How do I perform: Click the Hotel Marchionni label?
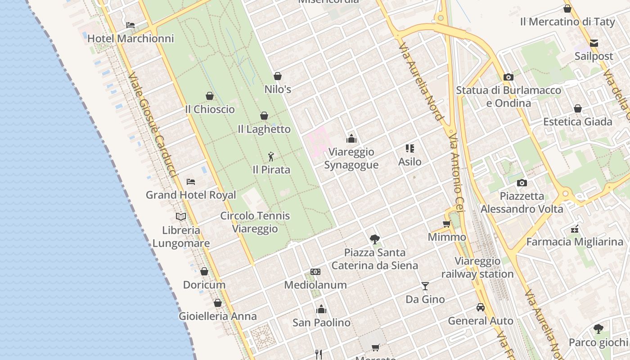(x=130, y=39)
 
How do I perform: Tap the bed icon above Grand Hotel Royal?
(x=191, y=182)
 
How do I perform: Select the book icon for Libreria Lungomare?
(x=181, y=217)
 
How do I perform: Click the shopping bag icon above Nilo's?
(x=278, y=76)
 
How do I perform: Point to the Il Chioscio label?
(x=210, y=109)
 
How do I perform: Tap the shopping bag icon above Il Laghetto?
(x=264, y=116)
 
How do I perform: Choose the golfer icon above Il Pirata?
(x=271, y=157)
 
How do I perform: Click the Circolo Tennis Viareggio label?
(x=255, y=222)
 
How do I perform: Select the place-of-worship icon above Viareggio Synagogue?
(x=351, y=139)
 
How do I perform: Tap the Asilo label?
(x=410, y=162)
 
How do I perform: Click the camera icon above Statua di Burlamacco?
(x=508, y=77)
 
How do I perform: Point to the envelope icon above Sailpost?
(x=594, y=43)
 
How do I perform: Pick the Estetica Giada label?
(x=578, y=122)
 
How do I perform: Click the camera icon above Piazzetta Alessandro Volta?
(x=522, y=183)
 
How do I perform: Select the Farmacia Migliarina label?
(x=575, y=242)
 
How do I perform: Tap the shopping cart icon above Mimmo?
(x=447, y=224)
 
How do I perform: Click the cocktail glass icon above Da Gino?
(x=425, y=286)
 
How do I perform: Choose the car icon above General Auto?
(x=481, y=308)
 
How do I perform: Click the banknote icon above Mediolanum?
(x=315, y=272)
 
